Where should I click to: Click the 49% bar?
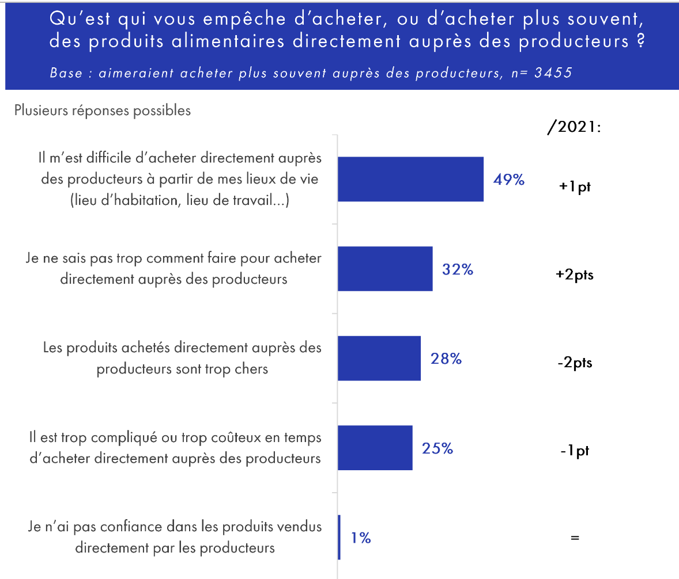410,179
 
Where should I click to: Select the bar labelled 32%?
384,269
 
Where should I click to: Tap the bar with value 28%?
379,359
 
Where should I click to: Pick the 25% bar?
375,448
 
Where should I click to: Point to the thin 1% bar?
339,537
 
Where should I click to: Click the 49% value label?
508,180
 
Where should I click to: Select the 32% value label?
458,269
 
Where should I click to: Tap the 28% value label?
446,359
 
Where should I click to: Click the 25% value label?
437,448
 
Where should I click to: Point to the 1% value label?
361,538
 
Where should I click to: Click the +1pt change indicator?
575,188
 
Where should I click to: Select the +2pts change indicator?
575,275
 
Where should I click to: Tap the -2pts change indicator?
575,364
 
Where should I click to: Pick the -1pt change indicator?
575,451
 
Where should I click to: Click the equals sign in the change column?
574,538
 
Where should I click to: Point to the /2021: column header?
574,127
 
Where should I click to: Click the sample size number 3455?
553,74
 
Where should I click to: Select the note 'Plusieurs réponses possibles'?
103,111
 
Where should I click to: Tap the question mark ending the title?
640,42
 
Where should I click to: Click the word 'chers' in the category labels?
252,368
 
